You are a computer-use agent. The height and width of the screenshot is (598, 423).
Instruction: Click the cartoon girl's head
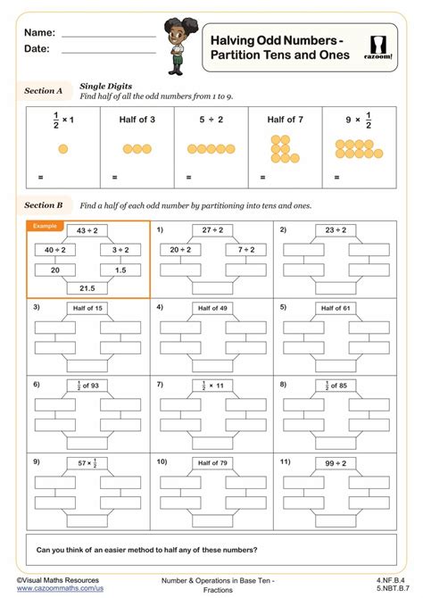(176, 31)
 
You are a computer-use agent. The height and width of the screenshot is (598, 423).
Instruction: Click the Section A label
(43, 91)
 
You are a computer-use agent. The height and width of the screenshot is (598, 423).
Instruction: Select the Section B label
(43, 205)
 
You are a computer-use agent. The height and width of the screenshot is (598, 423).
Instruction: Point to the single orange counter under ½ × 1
(62, 149)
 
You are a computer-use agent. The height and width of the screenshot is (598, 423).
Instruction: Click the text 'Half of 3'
(137, 119)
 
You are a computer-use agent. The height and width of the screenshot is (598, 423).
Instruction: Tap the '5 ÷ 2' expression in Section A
(211, 119)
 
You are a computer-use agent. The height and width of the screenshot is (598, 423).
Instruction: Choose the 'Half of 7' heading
(285, 119)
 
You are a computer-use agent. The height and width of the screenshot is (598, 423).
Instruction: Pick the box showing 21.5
(87, 287)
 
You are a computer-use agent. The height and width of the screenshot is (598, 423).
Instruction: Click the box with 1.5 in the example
(120, 269)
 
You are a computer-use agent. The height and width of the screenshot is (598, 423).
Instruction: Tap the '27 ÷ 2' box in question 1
(211, 230)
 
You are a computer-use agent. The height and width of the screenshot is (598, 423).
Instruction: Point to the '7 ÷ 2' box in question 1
(245, 250)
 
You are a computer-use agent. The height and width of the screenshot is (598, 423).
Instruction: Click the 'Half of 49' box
(211, 307)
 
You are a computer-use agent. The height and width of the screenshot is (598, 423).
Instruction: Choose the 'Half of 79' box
(211, 462)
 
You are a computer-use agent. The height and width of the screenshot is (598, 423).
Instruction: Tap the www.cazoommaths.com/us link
(61, 590)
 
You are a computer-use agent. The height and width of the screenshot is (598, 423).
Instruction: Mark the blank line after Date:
(108, 51)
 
